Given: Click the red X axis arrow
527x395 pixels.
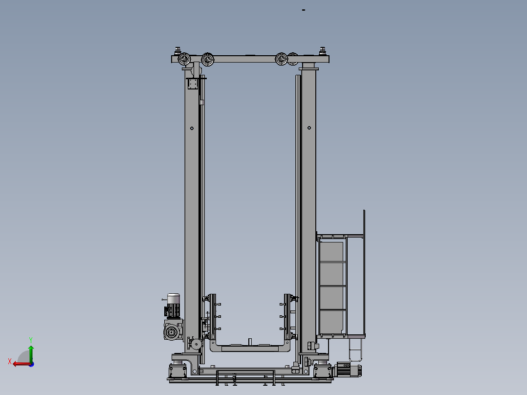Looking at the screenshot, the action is tap(22, 364).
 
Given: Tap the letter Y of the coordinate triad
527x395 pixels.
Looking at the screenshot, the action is tap(31, 340).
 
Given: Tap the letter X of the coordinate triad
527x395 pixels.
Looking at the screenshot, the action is tap(10, 361).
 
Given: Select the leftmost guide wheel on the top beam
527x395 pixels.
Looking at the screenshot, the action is tap(184, 59).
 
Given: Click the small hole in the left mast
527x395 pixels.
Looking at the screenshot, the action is tap(192, 128).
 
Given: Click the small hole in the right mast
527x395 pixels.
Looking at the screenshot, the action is tap(309, 128).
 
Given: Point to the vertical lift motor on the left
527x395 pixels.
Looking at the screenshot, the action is tap(173, 306).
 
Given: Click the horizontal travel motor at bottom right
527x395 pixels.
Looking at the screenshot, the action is tap(347, 370).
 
